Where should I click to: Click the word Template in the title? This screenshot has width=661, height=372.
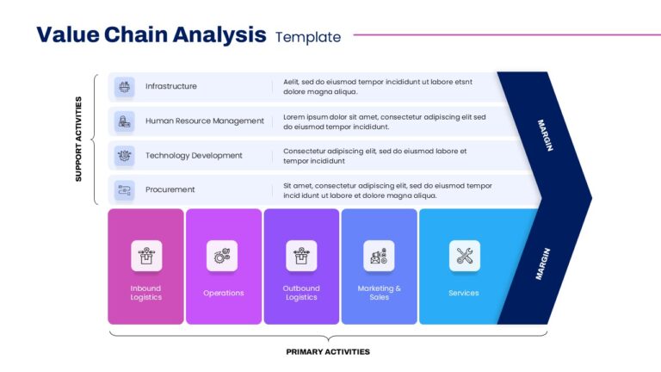click(308, 37)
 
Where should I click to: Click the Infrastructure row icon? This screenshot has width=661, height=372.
click(125, 86)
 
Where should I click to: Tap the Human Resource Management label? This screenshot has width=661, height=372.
click(205, 121)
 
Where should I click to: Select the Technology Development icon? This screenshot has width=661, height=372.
click(125, 156)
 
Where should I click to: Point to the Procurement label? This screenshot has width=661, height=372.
click(170, 189)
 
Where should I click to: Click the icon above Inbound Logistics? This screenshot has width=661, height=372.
click(146, 256)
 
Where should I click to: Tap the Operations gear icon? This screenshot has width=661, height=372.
click(222, 256)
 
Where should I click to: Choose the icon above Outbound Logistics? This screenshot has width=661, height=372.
click(301, 256)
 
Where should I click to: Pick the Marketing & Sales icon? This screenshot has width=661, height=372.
click(379, 256)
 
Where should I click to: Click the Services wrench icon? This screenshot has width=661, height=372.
click(464, 256)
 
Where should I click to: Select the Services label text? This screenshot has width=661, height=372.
click(464, 293)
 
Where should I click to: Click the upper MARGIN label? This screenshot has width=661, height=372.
click(544, 135)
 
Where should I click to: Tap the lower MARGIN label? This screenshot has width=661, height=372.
click(542, 263)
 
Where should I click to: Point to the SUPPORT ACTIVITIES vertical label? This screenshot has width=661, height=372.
click(78, 139)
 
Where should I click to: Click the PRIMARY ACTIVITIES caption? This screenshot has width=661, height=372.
click(328, 351)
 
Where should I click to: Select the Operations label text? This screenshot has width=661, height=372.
click(223, 293)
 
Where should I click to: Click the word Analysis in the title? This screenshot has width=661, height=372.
click(219, 35)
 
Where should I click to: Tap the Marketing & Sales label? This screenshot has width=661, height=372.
click(379, 293)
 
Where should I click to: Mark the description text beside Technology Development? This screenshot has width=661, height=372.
click(374, 156)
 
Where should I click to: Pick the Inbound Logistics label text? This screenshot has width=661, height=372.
click(146, 293)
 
